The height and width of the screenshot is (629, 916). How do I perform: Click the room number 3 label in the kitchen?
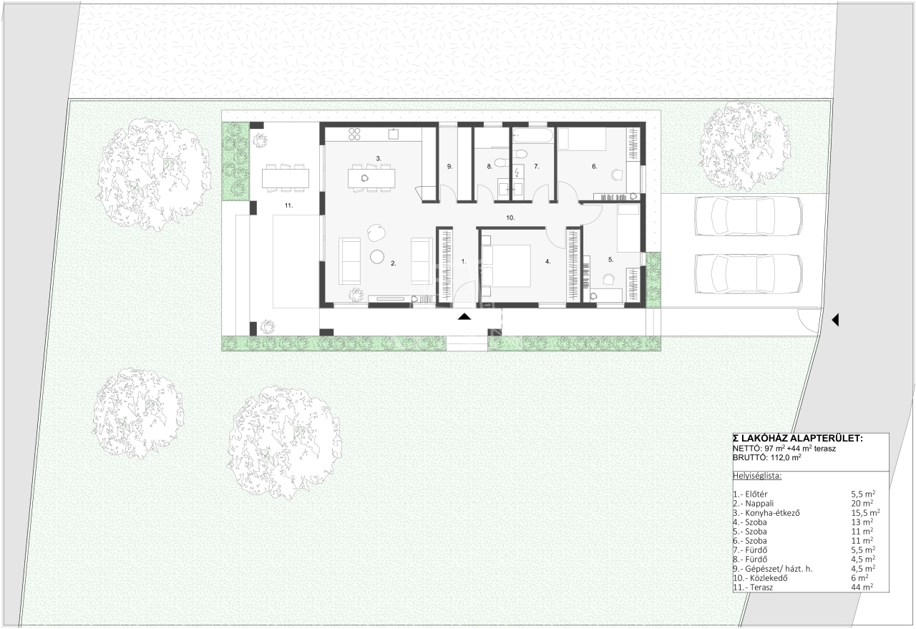(x=379, y=158)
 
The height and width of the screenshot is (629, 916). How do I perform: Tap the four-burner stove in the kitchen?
(x=354, y=134)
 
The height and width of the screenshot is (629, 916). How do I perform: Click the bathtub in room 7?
(x=533, y=135)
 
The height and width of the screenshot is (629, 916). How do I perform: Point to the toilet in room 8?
(x=500, y=162)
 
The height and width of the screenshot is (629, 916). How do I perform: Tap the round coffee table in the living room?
(x=377, y=257)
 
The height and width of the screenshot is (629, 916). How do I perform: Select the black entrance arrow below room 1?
(x=464, y=316)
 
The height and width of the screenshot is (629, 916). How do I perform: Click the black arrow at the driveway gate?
(x=835, y=319)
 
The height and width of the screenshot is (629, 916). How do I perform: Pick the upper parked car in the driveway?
(x=749, y=216)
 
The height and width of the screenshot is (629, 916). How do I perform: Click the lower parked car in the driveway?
(x=749, y=273)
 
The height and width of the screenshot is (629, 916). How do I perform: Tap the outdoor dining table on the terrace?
(x=285, y=178)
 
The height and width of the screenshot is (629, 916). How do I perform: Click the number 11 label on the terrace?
(x=288, y=205)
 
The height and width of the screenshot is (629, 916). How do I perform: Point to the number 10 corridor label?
(x=510, y=218)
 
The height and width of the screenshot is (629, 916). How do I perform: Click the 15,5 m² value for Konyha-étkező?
(x=866, y=512)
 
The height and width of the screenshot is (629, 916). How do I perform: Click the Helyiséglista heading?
(x=757, y=476)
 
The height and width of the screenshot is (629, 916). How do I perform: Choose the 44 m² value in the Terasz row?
(x=862, y=587)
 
